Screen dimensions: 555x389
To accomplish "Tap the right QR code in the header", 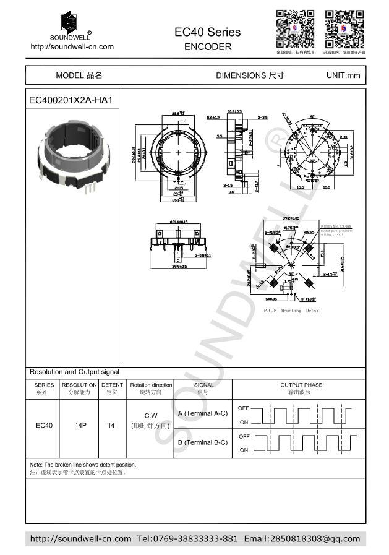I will point(344,29).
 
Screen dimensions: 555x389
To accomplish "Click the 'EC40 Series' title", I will point(208,32).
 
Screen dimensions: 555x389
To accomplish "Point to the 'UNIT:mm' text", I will point(343,75).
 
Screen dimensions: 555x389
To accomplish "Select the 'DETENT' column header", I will point(112,385).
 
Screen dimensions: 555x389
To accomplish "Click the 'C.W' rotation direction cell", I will point(152,416).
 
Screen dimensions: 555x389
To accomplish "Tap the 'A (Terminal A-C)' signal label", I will point(202,413).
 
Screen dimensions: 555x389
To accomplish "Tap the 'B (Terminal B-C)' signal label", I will point(202,442).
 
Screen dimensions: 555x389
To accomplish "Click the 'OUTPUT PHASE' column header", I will point(301,385).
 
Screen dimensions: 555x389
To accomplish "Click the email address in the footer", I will point(302,539).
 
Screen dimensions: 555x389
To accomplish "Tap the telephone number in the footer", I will point(187,539).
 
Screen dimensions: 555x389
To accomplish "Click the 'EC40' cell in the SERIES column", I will point(44,426).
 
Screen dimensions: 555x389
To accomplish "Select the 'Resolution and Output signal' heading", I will point(74,372).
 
